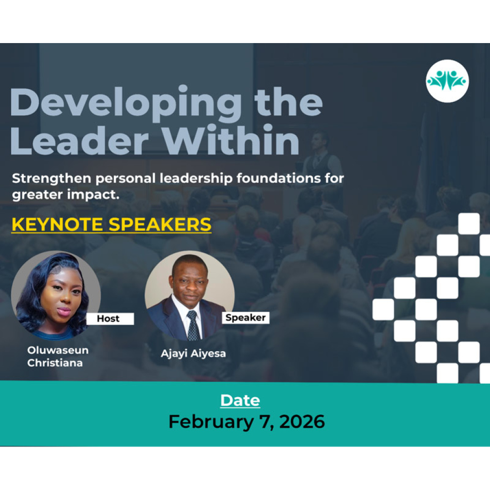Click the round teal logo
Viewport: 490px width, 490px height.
click(x=447, y=81)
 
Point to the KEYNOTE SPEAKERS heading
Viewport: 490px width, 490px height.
click(x=111, y=224)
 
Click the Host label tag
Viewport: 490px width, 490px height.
click(x=110, y=318)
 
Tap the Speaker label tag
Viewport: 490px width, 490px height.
click(x=245, y=318)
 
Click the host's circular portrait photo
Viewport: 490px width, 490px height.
click(x=56, y=295)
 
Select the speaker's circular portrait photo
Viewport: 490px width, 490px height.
click(x=189, y=295)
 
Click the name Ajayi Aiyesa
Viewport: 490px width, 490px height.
click(x=193, y=354)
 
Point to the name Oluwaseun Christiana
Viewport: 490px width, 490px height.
click(x=58, y=356)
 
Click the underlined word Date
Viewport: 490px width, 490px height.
click(x=240, y=401)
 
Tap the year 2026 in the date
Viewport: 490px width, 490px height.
click(x=302, y=422)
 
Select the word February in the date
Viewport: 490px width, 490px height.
click(x=211, y=422)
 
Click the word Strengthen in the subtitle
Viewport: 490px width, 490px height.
click(x=52, y=178)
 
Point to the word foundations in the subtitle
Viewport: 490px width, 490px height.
click(x=278, y=178)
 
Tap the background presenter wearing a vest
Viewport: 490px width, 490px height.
click(x=320, y=163)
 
